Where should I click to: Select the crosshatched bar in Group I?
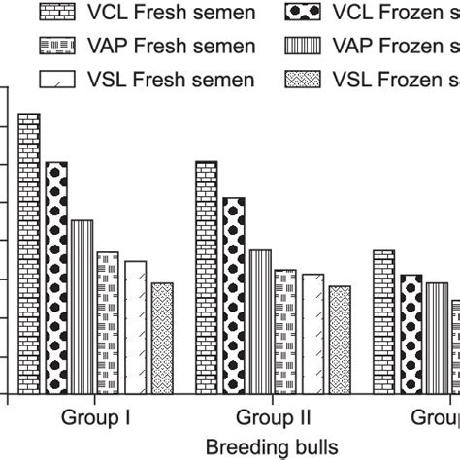(x=162, y=339)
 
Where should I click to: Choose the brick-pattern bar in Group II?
(x=207, y=278)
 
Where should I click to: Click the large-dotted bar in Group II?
(x=234, y=296)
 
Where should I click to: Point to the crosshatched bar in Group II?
(x=340, y=340)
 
